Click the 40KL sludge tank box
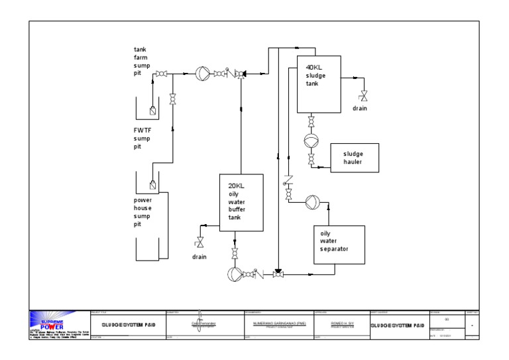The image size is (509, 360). click(319, 84)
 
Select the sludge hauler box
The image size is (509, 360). click(355, 158)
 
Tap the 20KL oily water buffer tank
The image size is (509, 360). click(241, 202)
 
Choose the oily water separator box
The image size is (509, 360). click(339, 245)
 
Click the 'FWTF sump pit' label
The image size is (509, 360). click(142, 139)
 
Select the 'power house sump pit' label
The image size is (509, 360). click(142, 211)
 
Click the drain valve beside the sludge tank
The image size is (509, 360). click(363, 96)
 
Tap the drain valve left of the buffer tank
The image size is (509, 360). click(199, 243)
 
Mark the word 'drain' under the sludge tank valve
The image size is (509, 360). click(360, 108)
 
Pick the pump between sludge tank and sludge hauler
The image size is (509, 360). click(311, 141)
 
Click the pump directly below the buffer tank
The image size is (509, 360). click(234, 274)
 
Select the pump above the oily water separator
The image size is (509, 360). click(312, 204)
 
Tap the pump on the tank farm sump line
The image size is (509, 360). click(203, 73)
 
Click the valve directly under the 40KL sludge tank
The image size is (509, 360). click(311, 122)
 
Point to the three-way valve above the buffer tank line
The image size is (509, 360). click(241, 74)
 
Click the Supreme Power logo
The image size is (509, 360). click(58, 325)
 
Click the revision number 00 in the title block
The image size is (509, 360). click(447, 319)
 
